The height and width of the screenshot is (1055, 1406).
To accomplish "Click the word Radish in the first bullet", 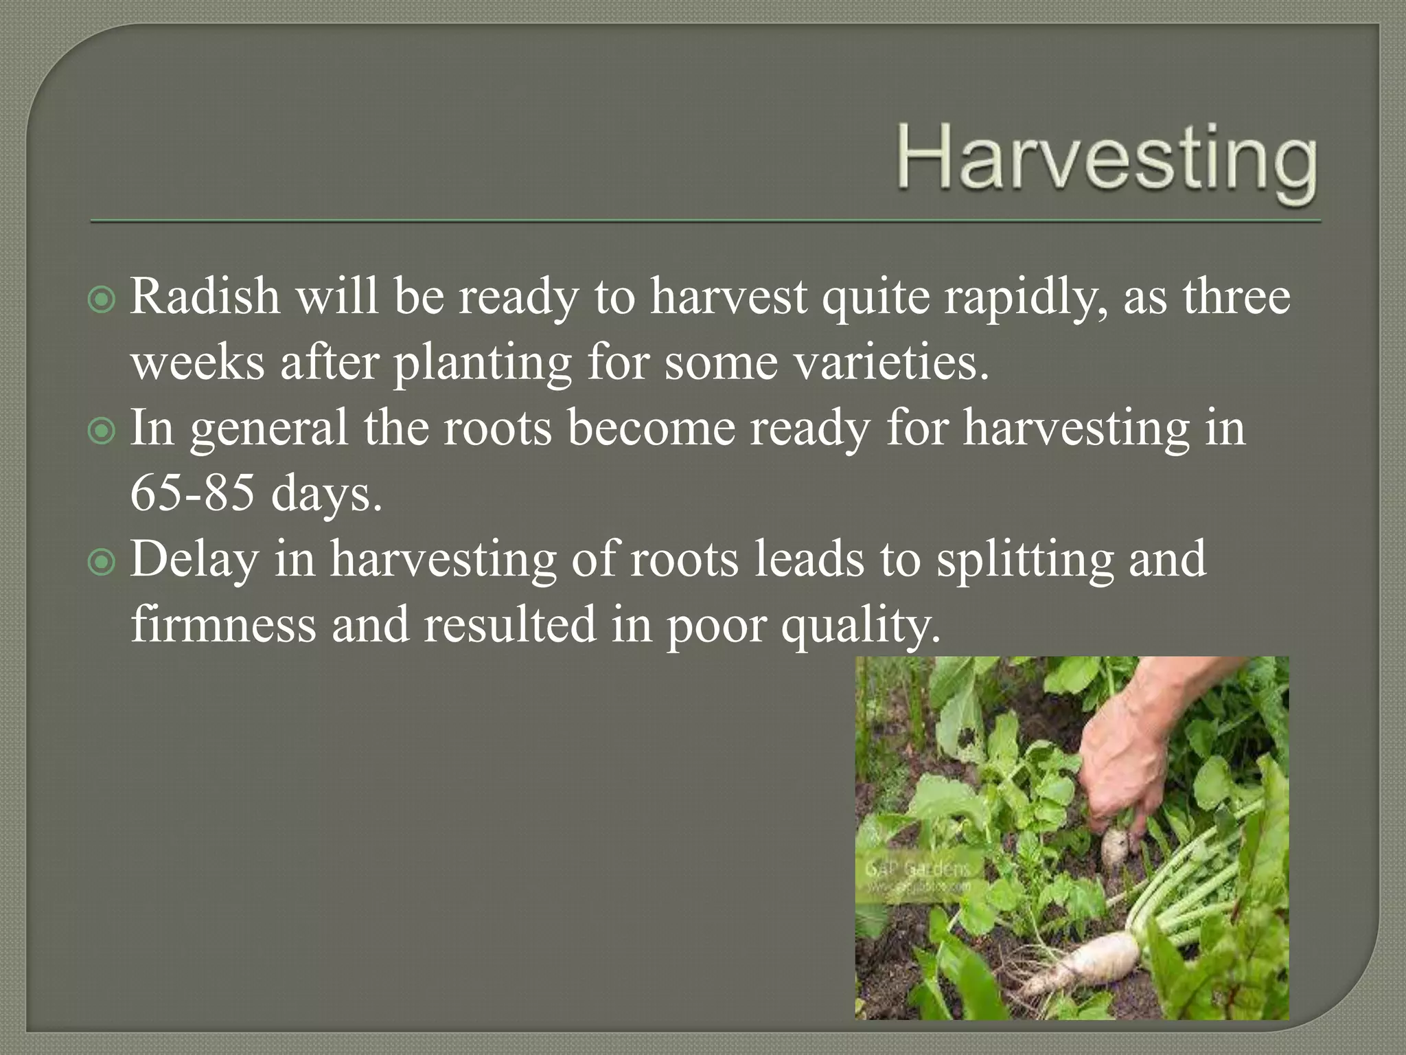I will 205,297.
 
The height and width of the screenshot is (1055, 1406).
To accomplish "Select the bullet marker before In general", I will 102,431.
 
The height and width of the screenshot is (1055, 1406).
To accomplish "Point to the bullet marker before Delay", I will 102,563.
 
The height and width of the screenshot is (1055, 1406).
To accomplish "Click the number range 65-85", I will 192,492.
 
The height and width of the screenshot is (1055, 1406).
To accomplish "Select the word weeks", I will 198,362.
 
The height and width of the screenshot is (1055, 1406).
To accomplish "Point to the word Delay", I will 194,560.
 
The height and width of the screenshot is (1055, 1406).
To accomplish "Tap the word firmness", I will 223,624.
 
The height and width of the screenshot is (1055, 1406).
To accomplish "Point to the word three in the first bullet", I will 1236,297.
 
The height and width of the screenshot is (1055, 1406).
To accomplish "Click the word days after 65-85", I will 325,494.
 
